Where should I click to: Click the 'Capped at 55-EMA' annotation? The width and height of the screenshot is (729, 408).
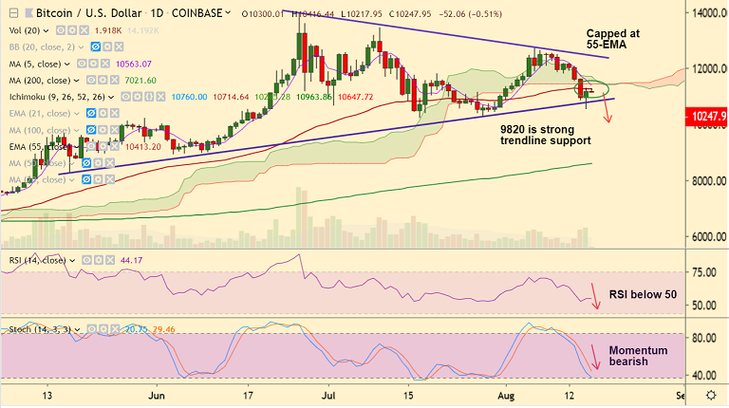point(612,39)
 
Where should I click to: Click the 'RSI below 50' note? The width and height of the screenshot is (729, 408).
point(643,295)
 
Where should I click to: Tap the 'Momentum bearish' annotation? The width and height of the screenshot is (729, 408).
point(638,357)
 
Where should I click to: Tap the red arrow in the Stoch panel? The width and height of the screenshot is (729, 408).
point(594,357)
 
